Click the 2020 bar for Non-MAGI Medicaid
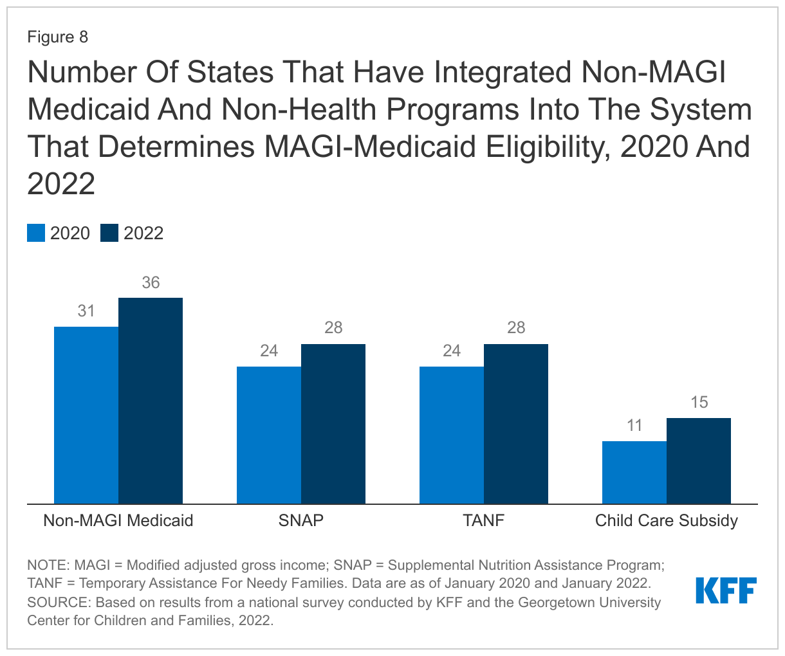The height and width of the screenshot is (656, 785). [x=86, y=415]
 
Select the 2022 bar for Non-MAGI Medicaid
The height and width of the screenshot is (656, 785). [x=151, y=400]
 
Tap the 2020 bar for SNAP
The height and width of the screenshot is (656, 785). [x=269, y=435]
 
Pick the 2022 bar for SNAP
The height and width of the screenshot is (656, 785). [x=333, y=423]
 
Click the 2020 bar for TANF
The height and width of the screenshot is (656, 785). [x=452, y=435]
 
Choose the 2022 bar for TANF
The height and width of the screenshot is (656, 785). [x=516, y=423]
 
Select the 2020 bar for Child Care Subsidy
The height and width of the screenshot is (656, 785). [x=634, y=472]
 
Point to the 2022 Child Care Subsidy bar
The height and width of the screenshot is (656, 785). [x=699, y=460]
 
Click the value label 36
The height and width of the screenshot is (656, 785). [x=151, y=283]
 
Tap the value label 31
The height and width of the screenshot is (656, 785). [x=86, y=311]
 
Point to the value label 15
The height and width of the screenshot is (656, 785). [x=699, y=403]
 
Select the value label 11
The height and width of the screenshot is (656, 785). [x=634, y=426]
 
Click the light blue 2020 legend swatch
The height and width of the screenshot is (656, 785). [x=36, y=233]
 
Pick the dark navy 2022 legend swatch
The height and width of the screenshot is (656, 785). [x=109, y=233]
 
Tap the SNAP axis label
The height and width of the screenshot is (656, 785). [x=301, y=520]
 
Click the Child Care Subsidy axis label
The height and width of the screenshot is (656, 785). [x=667, y=520]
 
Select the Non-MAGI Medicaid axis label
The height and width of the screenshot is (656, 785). [x=118, y=520]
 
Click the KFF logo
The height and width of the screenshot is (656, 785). [x=726, y=590]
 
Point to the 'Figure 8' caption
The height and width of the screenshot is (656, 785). [x=57, y=37]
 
